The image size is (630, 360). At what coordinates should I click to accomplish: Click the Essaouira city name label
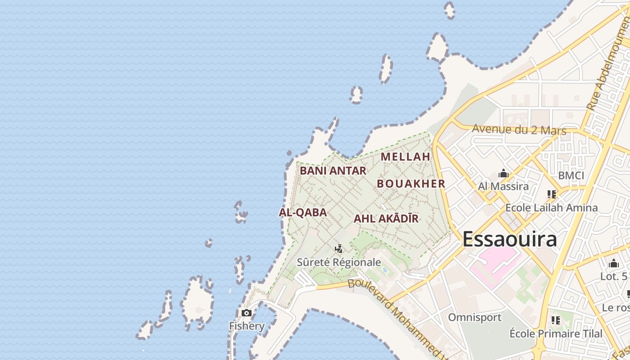tap(510, 239)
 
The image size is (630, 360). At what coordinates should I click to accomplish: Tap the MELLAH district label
tap(406, 157)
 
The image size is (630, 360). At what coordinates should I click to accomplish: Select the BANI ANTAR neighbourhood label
tap(333, 171)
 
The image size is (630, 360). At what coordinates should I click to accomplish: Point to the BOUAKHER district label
tap(411, 184)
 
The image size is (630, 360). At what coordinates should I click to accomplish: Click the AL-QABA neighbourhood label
tap(303, 212)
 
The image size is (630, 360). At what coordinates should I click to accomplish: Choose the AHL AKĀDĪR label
tap(386, 219)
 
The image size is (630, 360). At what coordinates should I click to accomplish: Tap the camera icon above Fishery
tap(247, 313)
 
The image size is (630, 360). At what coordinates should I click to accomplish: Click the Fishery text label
tap(247, 326)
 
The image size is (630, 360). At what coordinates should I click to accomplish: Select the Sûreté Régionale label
tap(339, 262)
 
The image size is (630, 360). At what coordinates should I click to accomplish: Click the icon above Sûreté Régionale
tap(339, 248)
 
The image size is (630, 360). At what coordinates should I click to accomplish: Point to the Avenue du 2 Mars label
tap(519, 130)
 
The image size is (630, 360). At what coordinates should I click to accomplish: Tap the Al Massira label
tap(503, 186)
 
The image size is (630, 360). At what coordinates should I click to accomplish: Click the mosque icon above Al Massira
tap(503, 174)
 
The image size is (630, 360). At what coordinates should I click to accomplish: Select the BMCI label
tap(571, 175)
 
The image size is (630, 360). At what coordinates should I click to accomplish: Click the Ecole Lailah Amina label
tap(551, 208)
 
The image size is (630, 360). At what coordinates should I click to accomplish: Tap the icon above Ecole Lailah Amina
tap(552, 194)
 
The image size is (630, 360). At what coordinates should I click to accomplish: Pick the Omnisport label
tap(474, 317)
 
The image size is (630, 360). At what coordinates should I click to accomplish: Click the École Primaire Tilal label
tap(556, 334)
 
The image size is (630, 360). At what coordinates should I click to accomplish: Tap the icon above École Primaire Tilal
tap(556, 320)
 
